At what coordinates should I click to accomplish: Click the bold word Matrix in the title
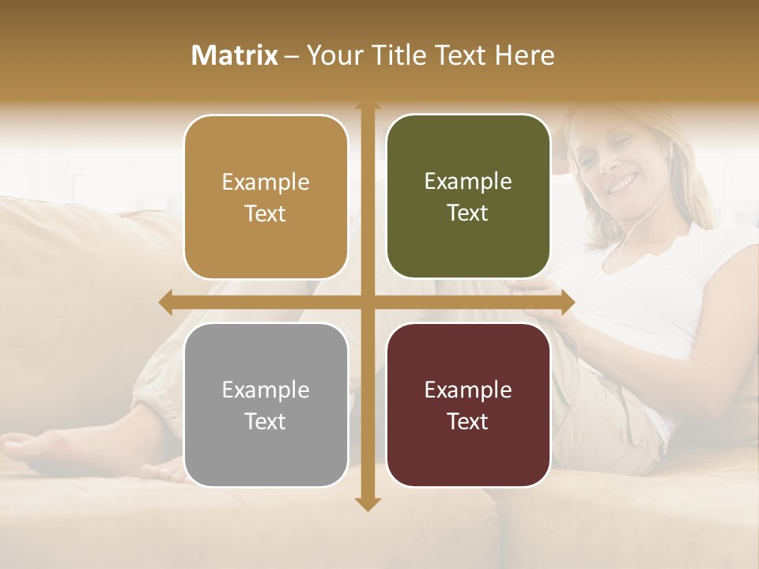click(x=235, y=55)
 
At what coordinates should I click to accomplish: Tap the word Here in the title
click(x=524, y=55)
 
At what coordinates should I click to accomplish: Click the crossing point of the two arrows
click(x=366, y=303)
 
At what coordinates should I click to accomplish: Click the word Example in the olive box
click(x=468, y=182)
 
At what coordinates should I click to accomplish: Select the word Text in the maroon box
click(x=468, y=421)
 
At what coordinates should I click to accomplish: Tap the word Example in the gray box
click(x=266, y=390)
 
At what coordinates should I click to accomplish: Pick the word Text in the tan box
click(x=266, y=213)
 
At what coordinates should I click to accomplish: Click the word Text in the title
click(x=457, y=55)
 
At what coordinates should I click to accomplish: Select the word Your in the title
click(x=332, y=55)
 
